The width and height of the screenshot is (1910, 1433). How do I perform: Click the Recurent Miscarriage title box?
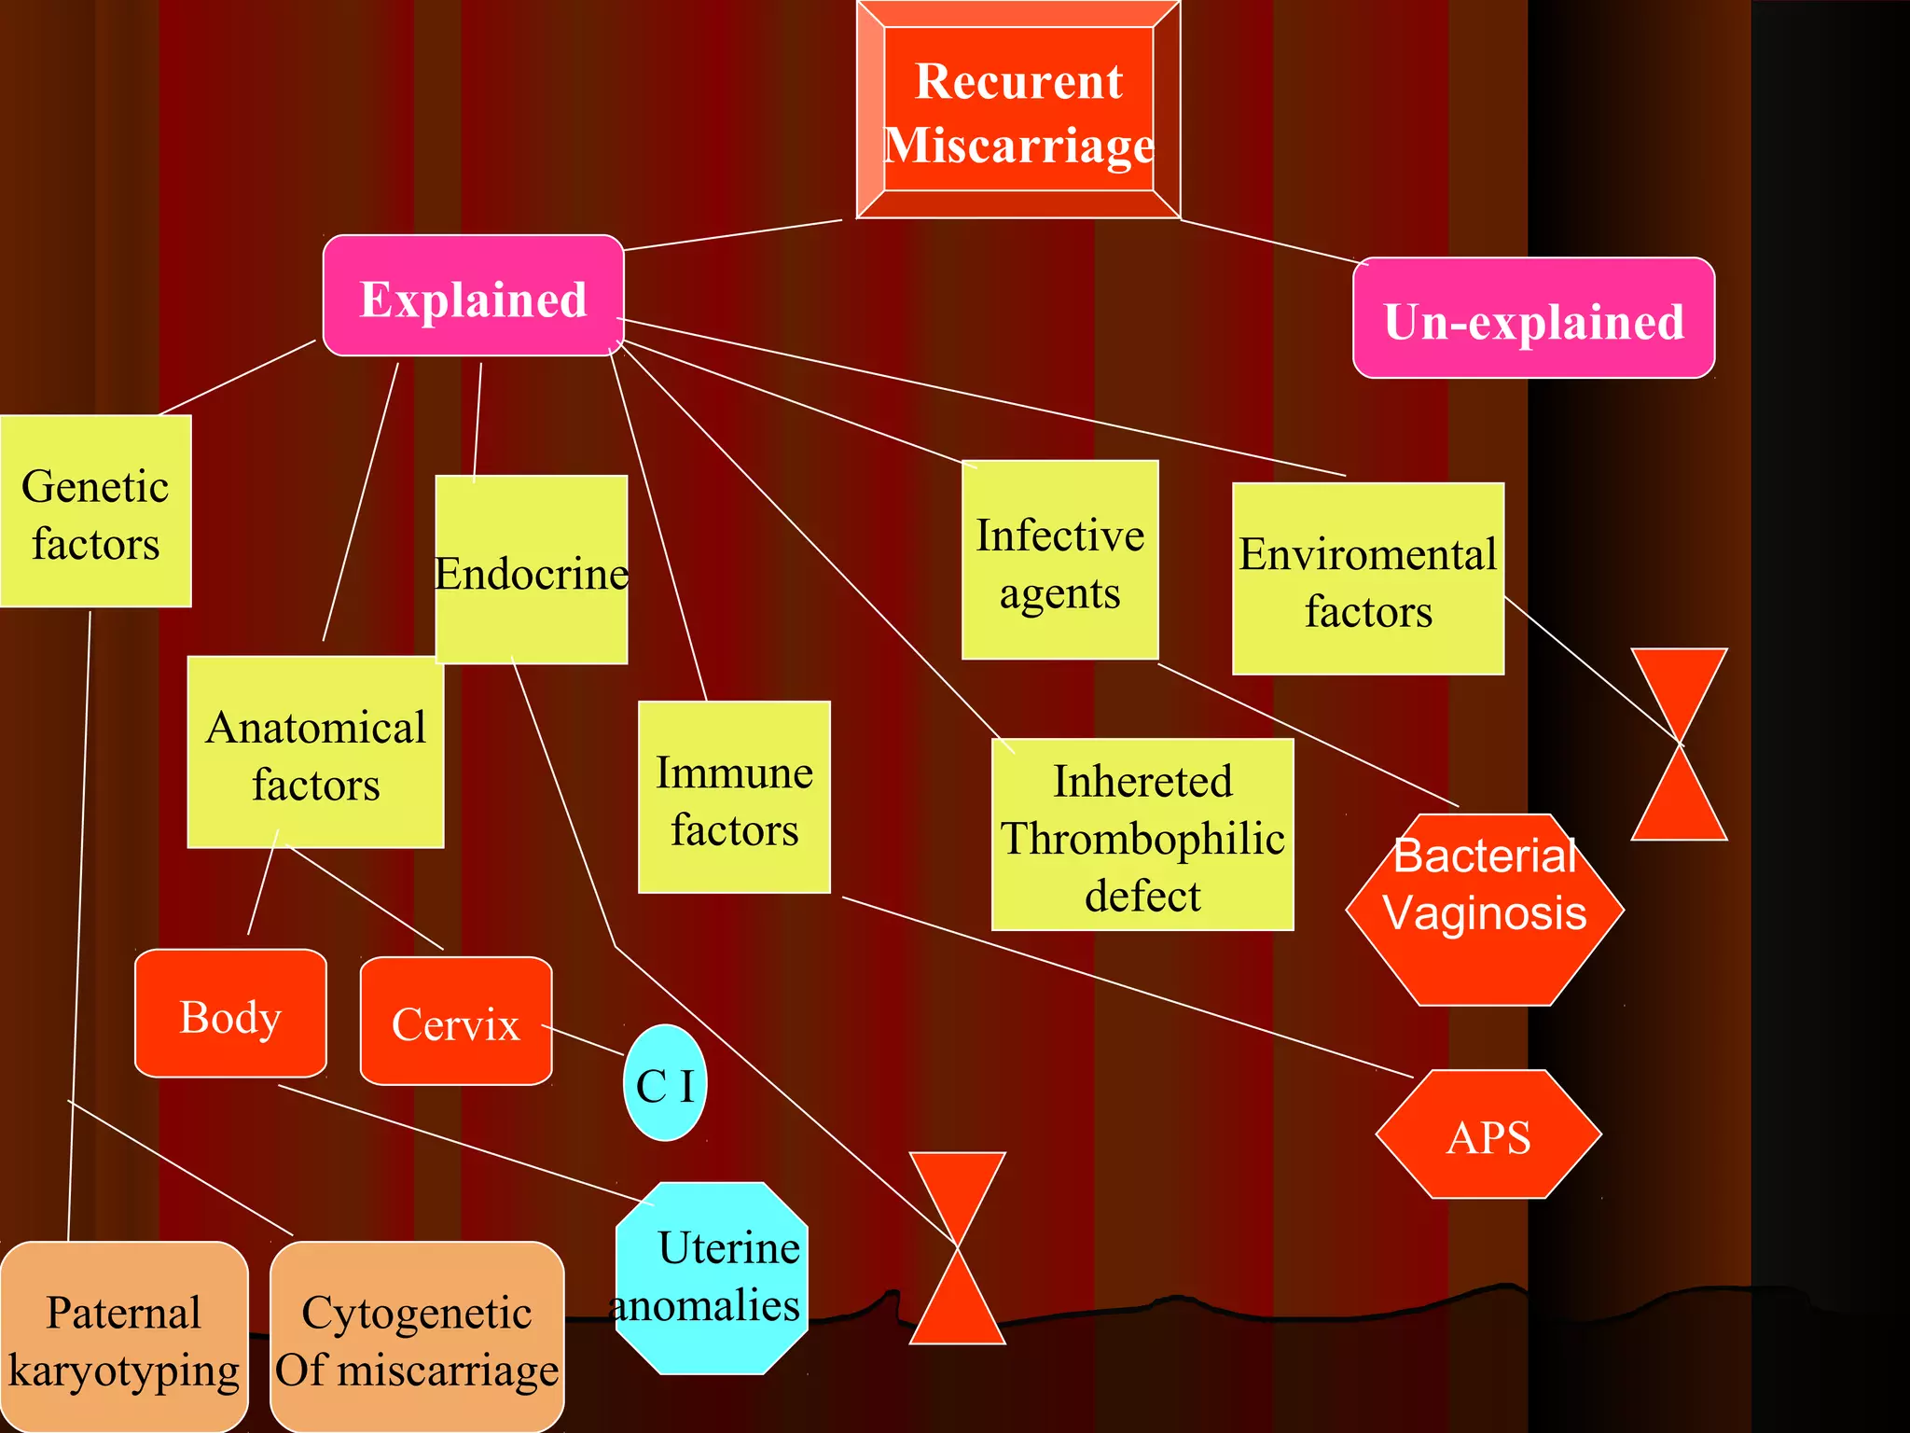[1018, 110]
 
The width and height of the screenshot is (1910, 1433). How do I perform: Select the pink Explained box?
[473, 297]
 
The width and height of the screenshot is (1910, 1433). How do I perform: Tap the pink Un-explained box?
[1533, 319]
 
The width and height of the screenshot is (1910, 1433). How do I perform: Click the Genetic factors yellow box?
[95, 512]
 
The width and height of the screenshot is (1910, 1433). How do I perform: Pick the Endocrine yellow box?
[532, 570]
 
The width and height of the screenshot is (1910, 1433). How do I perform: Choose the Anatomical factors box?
[316, 753]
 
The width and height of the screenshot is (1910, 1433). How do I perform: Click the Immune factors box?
[734, 798]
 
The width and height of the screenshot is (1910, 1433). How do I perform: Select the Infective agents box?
[1060, 561]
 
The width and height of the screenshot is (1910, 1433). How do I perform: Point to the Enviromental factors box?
[1367, 579]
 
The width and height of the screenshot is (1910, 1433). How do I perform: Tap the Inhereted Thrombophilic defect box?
[1142, 835]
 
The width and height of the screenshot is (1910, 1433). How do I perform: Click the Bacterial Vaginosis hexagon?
[1485, 910]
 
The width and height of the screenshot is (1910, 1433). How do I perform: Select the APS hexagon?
[1488, 1134]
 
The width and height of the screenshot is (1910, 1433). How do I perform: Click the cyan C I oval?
[665, 1083]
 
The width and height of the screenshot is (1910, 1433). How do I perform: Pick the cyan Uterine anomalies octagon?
[713, 1278]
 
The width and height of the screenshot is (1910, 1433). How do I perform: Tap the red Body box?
[230, 1014]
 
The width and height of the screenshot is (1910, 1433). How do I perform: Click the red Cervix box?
[456, 1022]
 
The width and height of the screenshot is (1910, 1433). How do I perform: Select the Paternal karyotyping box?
[124, 1338]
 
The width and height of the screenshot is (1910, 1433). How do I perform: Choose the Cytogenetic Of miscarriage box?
[417, 1338]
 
